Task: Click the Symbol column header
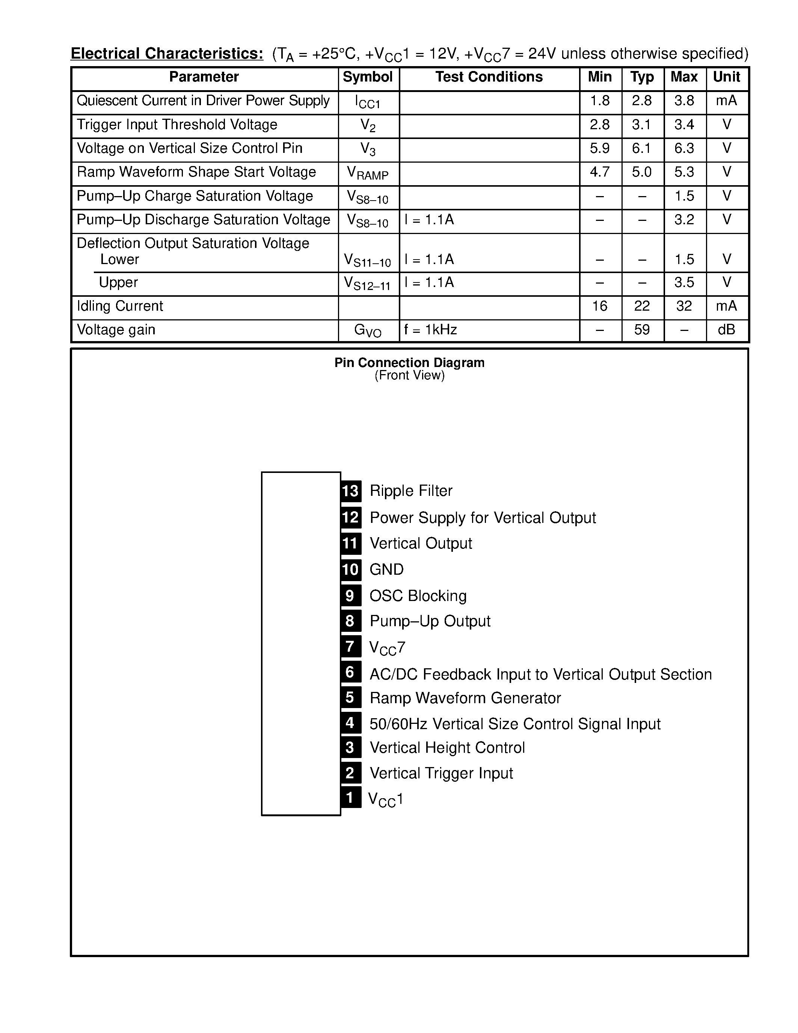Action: point(367,77)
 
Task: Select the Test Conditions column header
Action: point(489,77)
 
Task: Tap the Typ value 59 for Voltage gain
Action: point(641,330)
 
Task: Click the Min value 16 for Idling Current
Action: point(599,306)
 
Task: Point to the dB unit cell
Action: point(726,330)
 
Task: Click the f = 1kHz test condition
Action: point(431,330)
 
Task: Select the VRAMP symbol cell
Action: point(367,174)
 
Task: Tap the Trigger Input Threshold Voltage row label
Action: point(177,125)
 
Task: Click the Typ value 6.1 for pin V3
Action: point(641,148)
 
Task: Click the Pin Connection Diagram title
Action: point(409,363)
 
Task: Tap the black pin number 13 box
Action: point(351,491)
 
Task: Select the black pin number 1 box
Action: point(350,798)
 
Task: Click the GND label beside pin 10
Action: point(386,569)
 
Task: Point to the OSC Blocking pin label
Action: point(418,596)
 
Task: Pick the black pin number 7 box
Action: point(350,646)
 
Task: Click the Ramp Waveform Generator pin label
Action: point(465,698)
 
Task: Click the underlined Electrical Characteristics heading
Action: point(167,54)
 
